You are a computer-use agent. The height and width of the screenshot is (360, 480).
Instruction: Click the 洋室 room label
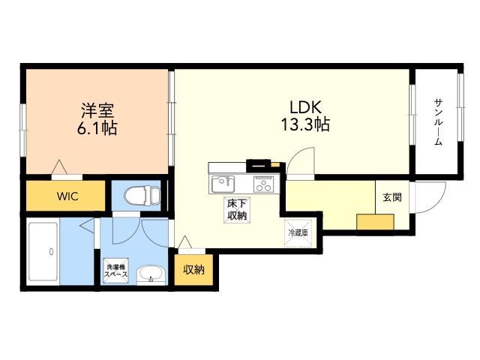(97, 110)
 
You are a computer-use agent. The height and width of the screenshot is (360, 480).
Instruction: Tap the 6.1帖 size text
(97, 128)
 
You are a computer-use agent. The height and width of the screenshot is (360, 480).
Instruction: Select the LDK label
(305, 108)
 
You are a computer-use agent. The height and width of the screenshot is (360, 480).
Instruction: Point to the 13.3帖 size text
(305, 124)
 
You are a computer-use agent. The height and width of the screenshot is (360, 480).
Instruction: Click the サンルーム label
(438, 122)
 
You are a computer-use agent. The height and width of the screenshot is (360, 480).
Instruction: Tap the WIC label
(67, 196)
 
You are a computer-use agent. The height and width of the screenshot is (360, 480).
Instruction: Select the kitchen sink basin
(223, 184)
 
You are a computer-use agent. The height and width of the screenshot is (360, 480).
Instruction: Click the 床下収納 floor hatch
(237, 210)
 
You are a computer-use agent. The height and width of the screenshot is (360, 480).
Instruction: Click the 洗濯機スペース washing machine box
(116, 271)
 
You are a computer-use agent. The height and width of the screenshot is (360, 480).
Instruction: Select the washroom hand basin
(151, 274)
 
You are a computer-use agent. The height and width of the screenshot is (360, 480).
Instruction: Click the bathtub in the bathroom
(43, 251)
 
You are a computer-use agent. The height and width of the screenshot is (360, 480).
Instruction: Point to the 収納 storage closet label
(193, 270)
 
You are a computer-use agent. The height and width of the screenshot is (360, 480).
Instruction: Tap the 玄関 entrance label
(392, 197)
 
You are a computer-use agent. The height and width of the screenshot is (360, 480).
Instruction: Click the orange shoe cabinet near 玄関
(375, 222)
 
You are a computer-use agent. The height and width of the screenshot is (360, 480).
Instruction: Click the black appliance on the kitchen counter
(259, 166)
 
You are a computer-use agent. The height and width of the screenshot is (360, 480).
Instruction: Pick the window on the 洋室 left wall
(22, 130)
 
